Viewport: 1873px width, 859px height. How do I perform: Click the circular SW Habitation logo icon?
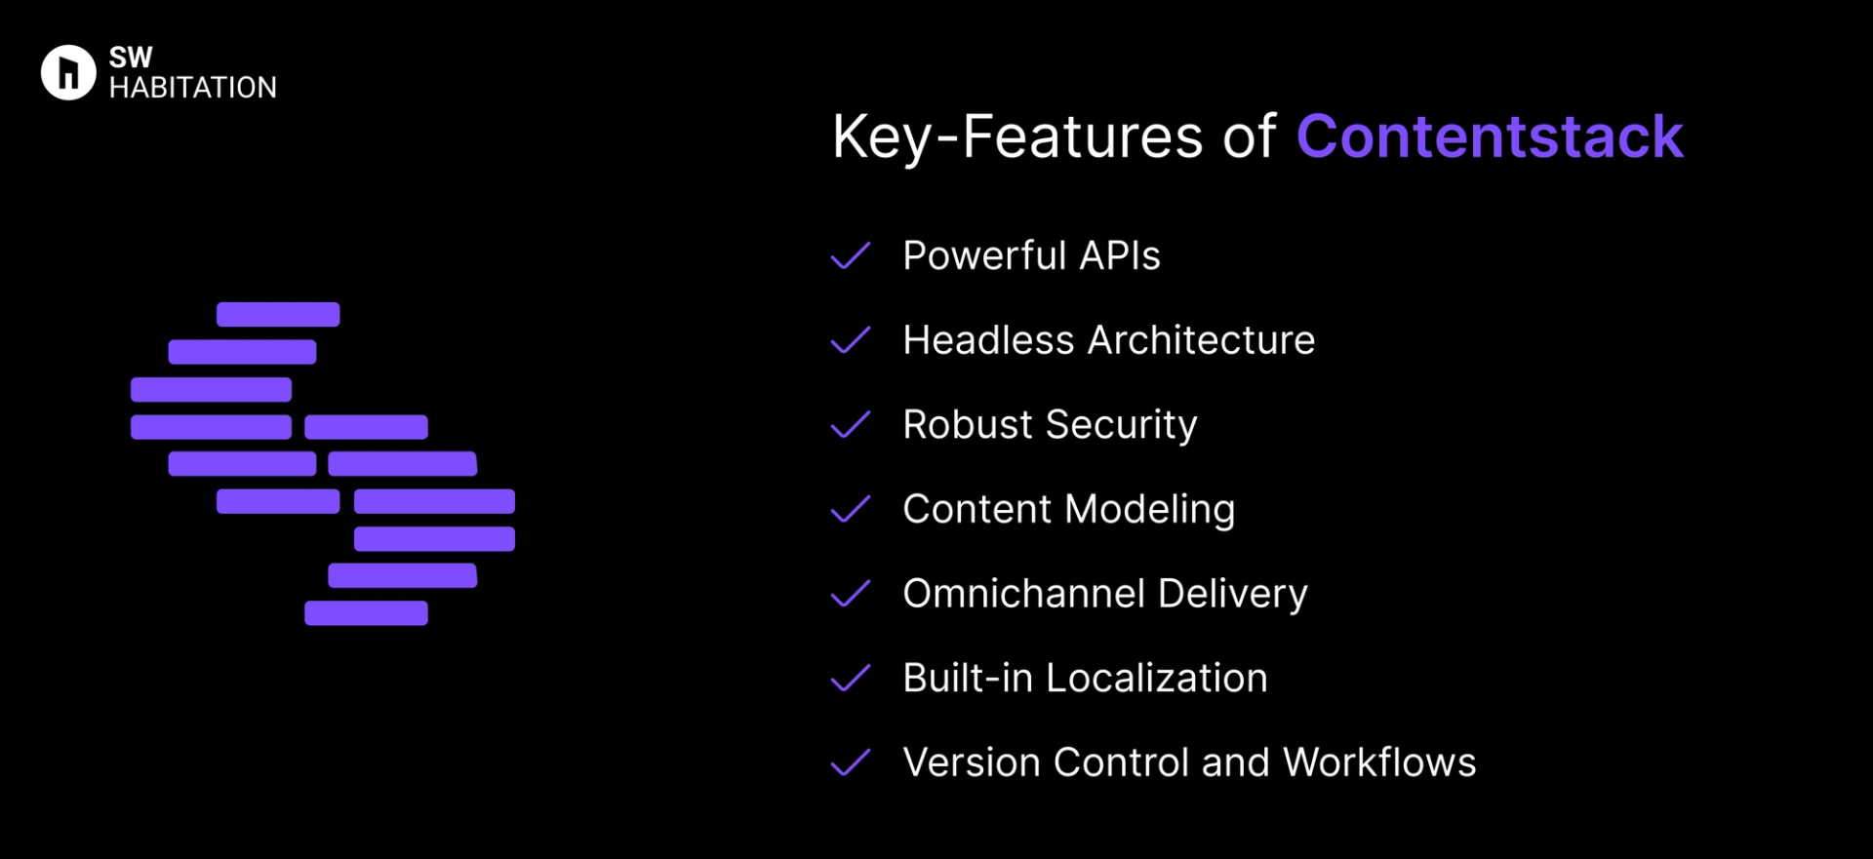click(x=68, y=72)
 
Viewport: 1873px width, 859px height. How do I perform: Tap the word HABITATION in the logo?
click(x=193, y=88)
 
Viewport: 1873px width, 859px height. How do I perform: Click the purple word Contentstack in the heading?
click(x=1489, y=137)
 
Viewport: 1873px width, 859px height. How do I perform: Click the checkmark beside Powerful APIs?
click(x=850, y=255)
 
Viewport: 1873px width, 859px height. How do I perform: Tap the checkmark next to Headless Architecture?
click(x=850, y=340)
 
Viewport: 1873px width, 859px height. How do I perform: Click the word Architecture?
click(x=1201, y=340)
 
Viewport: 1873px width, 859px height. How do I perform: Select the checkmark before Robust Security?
click(x=850, y=425)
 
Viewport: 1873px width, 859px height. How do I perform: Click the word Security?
click(x=1121, y=425)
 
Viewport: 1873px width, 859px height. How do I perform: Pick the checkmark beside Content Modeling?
click(x=850, y=509)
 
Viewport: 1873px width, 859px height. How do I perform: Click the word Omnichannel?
click(x=1023, y=594)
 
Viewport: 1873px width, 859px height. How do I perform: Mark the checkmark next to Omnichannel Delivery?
click(x=850, y=594)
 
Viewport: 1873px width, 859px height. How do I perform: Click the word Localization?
click(x=1156, y=679)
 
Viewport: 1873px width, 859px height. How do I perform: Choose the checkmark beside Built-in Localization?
click(x=850, y=679)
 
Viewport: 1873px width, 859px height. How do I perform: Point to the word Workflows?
click(x=1379, y=762)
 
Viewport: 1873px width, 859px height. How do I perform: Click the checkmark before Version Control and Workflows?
click(x=850, y=762)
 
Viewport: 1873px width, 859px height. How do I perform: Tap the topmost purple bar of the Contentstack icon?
click(x=278, y=314)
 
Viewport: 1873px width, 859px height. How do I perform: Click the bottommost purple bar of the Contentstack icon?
click(x=366, y=613)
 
